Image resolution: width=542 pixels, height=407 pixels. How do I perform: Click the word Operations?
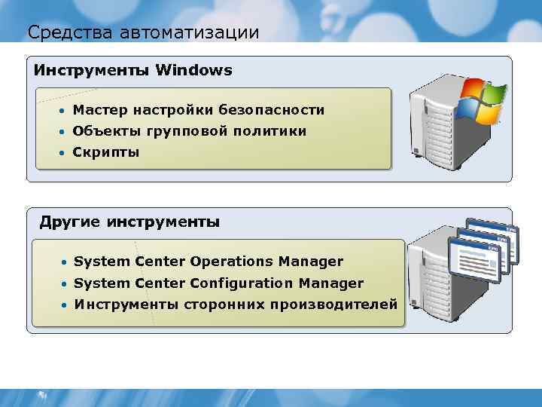(232, 262)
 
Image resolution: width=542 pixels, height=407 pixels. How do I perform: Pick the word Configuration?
(242, 283)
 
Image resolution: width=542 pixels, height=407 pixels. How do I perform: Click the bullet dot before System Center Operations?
(66, 262)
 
